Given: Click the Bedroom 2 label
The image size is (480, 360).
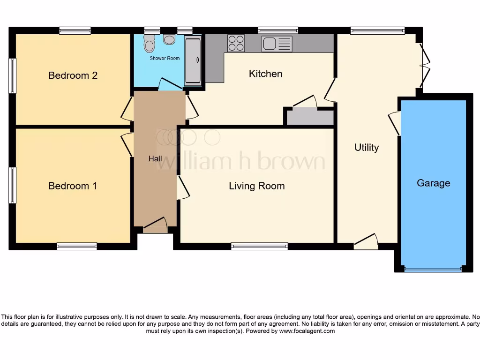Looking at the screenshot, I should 73,75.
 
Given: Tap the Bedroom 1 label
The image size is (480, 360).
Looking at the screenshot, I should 73,186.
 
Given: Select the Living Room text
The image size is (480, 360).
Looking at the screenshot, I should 256,186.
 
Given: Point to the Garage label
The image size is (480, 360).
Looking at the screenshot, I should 433,183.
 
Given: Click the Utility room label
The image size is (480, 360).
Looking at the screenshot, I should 366,148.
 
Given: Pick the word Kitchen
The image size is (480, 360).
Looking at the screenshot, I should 265,74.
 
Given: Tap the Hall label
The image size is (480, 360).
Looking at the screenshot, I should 155,158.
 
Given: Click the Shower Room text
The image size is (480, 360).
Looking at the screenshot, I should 165,59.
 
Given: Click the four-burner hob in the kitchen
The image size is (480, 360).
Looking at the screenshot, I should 236,44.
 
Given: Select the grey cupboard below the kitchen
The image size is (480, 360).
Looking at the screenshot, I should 310,117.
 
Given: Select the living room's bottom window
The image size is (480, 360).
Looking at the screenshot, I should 259,246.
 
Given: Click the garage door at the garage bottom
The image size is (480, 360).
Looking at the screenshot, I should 433,270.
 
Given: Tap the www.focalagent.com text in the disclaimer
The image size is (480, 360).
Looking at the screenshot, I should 307,331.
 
